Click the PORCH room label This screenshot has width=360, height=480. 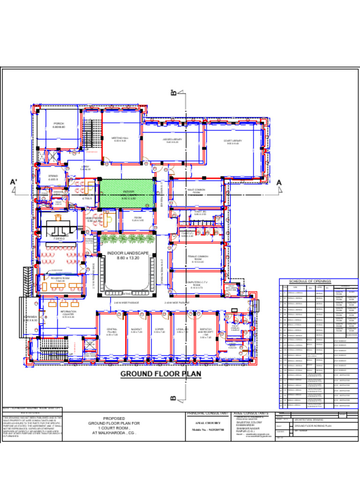tap(59, 125)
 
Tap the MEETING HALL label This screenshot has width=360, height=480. tap(120, 139)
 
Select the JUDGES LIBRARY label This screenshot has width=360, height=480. tap(172, 140)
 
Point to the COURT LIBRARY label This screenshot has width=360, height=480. tap(233, 142)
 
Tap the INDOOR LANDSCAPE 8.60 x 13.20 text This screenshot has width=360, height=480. tap(128, 255)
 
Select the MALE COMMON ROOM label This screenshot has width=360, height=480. tap(196, 192)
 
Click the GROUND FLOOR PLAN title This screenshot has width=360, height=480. tap(161, 374)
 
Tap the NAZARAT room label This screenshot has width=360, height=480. tap(136, 330)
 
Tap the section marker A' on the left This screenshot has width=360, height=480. tap(13, 182)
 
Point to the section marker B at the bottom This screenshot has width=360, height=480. tap(173, 398)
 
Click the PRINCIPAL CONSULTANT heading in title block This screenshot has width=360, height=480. tap(207, 413)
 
